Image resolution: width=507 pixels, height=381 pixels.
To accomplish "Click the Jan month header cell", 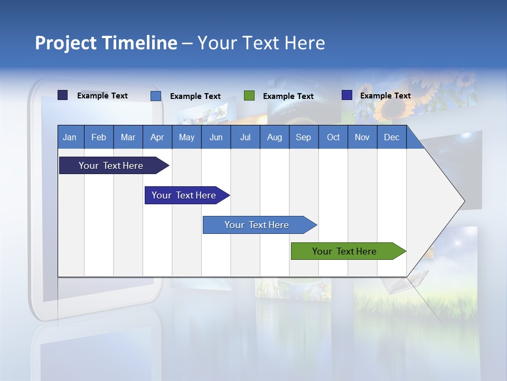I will [x=70, y=137].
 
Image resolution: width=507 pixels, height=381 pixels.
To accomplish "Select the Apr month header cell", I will [x=157, y=137].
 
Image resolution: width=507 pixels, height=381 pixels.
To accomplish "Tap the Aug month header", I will [x=274, y=137].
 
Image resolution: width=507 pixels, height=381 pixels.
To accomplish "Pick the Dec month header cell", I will [x=391, y=137].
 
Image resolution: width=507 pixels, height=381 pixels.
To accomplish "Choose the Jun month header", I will [x=215, y=137].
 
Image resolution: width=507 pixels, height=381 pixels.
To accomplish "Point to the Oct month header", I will [x=333, y=137].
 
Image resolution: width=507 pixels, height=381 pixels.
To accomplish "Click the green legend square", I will [x=249, y=96].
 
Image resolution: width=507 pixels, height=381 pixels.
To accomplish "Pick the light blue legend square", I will [x=156, y=96].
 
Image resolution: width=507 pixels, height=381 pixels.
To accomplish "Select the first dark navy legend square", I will [x=63, y=95].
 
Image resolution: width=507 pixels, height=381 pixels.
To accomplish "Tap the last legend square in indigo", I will [x=347, y=95].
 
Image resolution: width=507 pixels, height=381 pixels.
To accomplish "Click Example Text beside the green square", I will [x=288, y=96].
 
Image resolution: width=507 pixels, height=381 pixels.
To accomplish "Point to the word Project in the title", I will [x=66, y=43].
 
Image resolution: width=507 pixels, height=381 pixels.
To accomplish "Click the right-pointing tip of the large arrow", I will [x=463, y=201].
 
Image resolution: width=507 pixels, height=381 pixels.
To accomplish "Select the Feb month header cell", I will [x=99, y=137].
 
